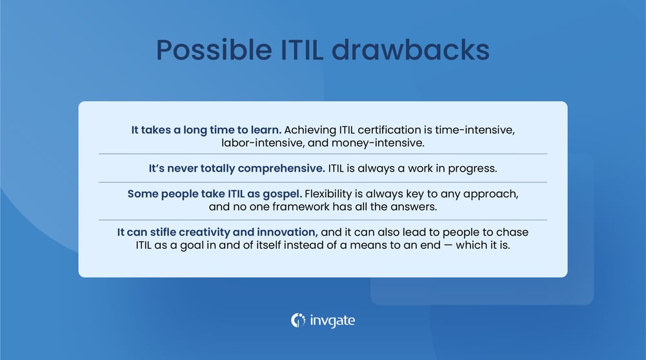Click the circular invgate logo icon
pyautogui.click(x=298, y=319)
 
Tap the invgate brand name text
pyautogui.click(x=332, y=320)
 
